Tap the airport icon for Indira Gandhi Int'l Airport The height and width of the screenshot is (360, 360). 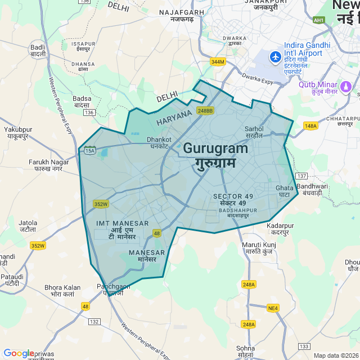click(275, 57)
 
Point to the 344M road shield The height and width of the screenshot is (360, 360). click(217, 61)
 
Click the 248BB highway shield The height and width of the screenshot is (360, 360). click(205, 111)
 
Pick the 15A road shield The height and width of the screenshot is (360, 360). click(89, 151)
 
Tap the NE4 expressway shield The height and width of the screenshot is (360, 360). click(273, 308)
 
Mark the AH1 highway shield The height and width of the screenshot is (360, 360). click(319, 20)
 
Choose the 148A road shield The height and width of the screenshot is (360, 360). click(310, 126)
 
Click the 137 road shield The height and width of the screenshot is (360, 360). click(301, 176)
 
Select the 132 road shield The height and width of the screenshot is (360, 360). click(94, 321)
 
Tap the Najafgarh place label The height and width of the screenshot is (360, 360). click(181, 16)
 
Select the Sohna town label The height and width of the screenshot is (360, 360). click(245, 352)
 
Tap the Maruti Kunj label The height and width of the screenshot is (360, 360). click(259, 248)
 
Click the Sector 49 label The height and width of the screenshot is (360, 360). click(233, 199)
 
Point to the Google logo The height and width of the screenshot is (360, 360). click(19, 353)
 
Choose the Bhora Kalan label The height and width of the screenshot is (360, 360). click(62, 291)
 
